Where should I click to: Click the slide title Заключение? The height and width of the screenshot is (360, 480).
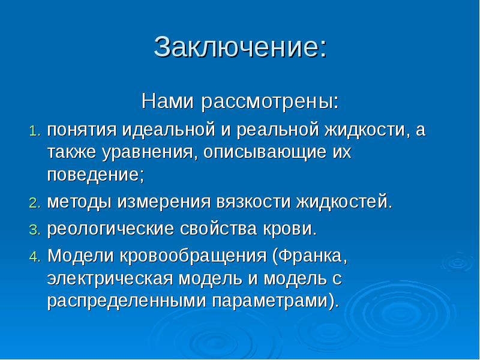point(240,47)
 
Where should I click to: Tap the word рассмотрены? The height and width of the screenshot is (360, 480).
point(268,101)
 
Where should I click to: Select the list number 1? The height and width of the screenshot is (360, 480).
point(35,131)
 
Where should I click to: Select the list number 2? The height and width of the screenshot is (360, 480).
point(35,202)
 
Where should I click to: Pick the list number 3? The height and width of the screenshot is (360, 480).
point(35,230)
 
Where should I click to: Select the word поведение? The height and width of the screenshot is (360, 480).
point(95,175)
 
